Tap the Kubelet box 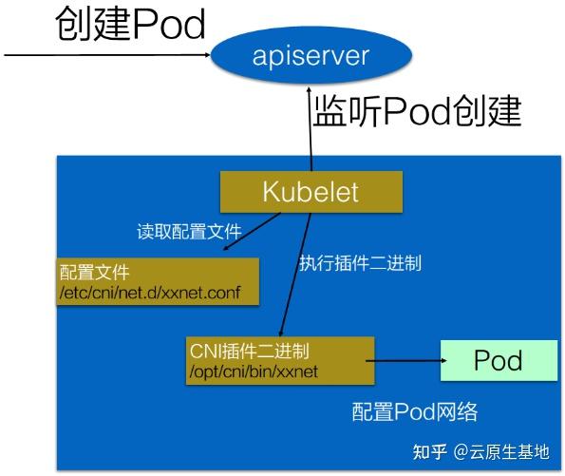click(x=311, y=192)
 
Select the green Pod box click(x=499, y=362)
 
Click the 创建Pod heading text click(x=131, y=25)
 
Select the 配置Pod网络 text click(x=414, y=412)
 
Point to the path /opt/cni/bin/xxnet click(x=254, y=371)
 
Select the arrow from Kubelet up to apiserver click(x=310, y=128)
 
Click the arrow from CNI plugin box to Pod click(x=403, y=362)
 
